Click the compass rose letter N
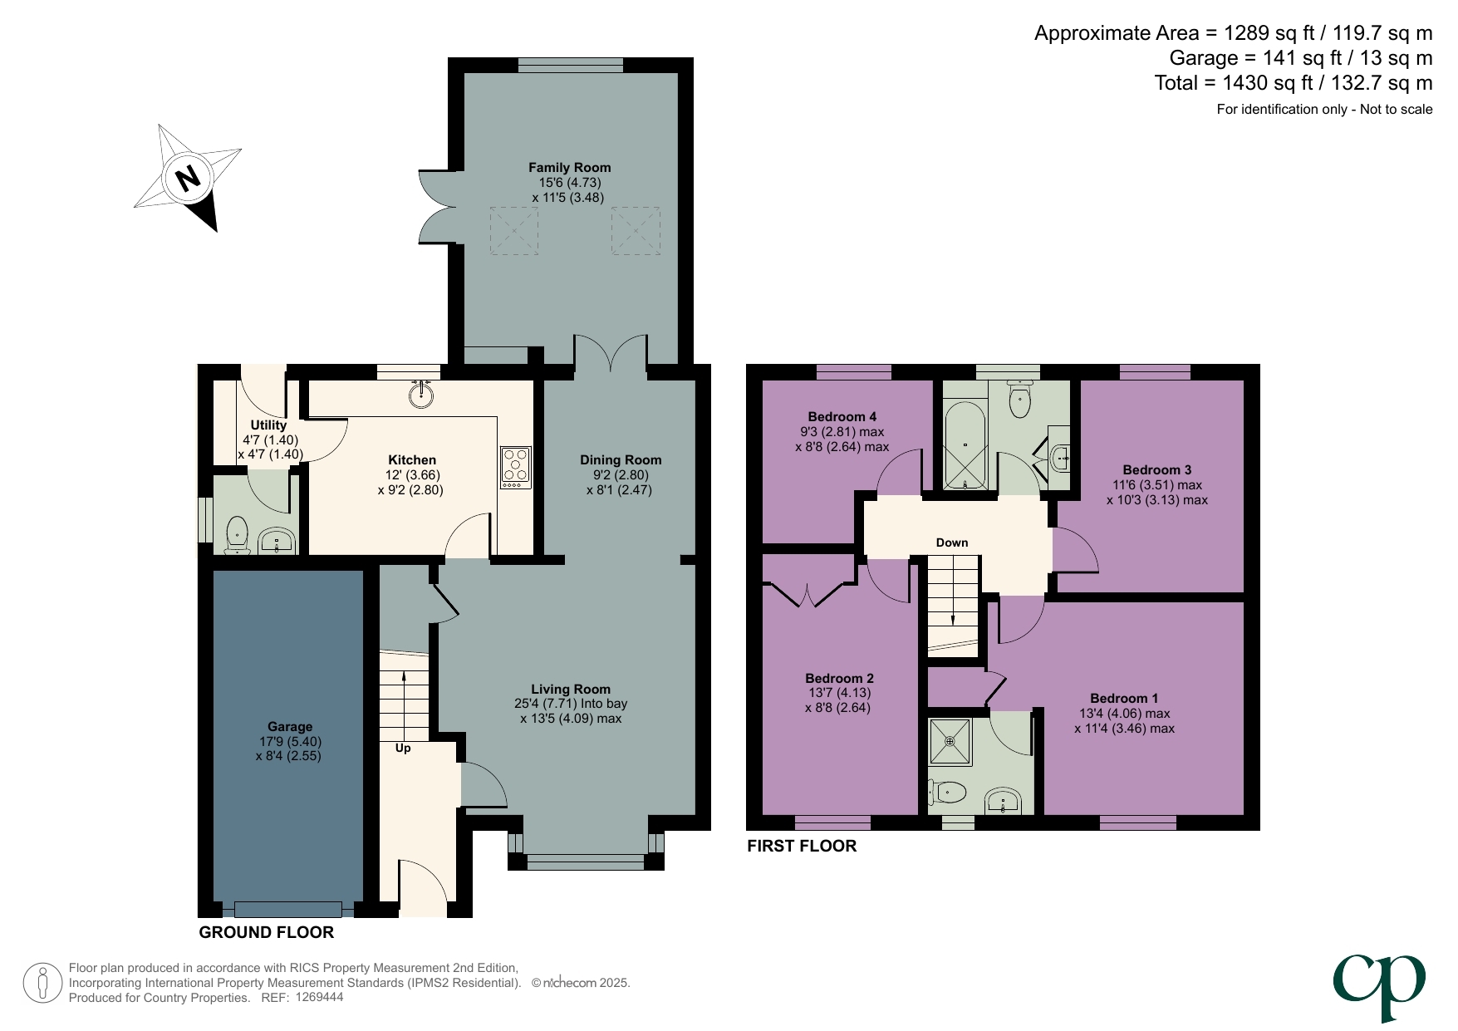[x=189, y=178]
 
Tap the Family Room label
[x=569, y=168]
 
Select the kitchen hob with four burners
[x=515, y=467]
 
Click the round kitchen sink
[x=422, y=394]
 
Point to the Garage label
[x=289, y=726]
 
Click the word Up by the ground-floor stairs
[x=403, y=748]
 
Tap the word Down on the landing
[x=952, y=543]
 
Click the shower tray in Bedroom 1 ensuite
[x=950, y=740]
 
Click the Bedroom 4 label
[x=842, y=417]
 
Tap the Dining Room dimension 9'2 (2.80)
[x=620, y=475]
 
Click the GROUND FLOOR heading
[x=266, y=932]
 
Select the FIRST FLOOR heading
[x=801, y=846]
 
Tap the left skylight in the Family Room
[x=513, y=230]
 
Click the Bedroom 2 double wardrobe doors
[x=808, y=594]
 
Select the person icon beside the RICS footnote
[x=42, y=983]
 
